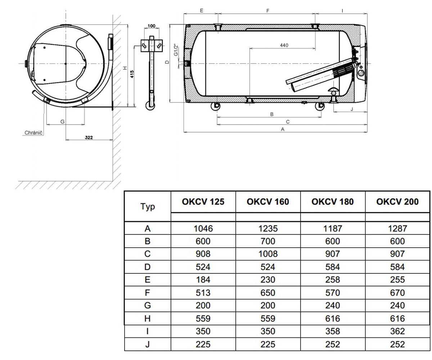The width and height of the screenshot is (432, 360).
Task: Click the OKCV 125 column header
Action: [x=203, y=202]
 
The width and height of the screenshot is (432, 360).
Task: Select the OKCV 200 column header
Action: [x=397, y=202]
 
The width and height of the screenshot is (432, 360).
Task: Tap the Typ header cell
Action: [x=148, y=206]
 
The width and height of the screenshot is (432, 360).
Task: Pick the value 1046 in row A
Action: [x=203, y=228]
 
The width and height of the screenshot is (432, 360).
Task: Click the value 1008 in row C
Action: [x=268, y=254]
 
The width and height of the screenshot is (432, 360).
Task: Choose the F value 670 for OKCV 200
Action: [x=397, y=293]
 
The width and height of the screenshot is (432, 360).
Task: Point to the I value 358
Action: [x=333, y=331]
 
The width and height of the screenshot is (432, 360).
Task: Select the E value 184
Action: [x=203, y=279]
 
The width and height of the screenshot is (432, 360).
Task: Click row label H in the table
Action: [x=147, y=319]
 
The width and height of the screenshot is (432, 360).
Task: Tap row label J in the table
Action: [x=147, y=344]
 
